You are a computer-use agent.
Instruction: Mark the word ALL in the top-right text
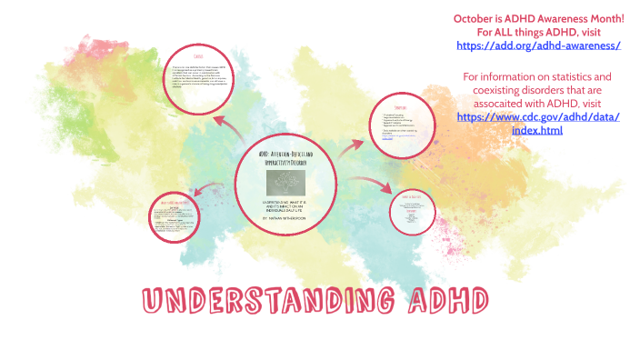(x=499, y=32)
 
